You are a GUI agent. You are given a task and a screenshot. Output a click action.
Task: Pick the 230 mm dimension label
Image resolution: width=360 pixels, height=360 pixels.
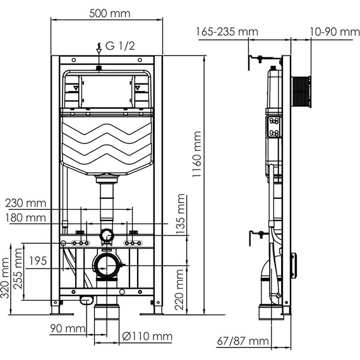coord(26,203)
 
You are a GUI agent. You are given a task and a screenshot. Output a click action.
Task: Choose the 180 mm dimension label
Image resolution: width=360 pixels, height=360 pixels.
coord(26,218)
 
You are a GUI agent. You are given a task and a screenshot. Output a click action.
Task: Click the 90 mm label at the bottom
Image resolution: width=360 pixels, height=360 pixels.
coord(68,328)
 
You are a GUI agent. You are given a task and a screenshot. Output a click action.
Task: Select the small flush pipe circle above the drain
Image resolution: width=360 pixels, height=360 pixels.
coord(107,237)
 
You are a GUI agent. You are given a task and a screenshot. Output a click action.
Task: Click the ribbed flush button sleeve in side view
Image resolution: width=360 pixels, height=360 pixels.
coord(302,92)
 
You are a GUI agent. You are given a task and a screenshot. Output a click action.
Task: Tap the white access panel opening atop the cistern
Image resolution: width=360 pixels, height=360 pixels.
coord(107,91)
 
